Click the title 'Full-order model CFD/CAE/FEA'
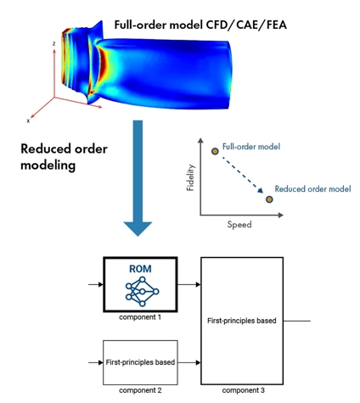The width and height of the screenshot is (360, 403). click(x=200, y=25)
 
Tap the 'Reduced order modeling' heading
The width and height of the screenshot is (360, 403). click(x=64, y=157)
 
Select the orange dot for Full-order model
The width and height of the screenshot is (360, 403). click(x=215, y=151)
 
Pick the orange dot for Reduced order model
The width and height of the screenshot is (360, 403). click(x=269, y=199)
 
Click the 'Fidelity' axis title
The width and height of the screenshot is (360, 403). click(x=191, y=177)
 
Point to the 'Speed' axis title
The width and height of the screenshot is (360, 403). click(x=239, y=225)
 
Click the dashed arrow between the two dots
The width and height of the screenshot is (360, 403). click(x=242, y=176)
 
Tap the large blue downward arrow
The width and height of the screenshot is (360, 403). click(x=138, y=178)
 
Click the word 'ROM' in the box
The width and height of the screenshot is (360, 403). click(x=140, y=269)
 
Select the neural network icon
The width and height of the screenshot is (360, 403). click(x=142, y=292)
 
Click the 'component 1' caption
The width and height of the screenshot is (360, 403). click(x=140, y=317)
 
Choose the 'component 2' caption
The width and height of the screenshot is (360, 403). click(x=140, y=390)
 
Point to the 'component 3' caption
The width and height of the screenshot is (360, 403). click(x=244, y=390)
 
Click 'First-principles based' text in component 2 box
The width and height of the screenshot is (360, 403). click(x=140, y=362)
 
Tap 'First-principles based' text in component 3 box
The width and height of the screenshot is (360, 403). click(x=242, y=321)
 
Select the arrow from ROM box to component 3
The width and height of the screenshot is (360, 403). click(x=189, y=284)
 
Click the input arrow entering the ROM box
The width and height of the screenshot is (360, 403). click(x=96, y=284)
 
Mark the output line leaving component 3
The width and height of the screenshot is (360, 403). click(x=297, y=321)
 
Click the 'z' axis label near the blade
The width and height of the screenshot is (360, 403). click(x=53, y=43)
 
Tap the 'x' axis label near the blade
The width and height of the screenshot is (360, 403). click(x=28, y=121)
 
